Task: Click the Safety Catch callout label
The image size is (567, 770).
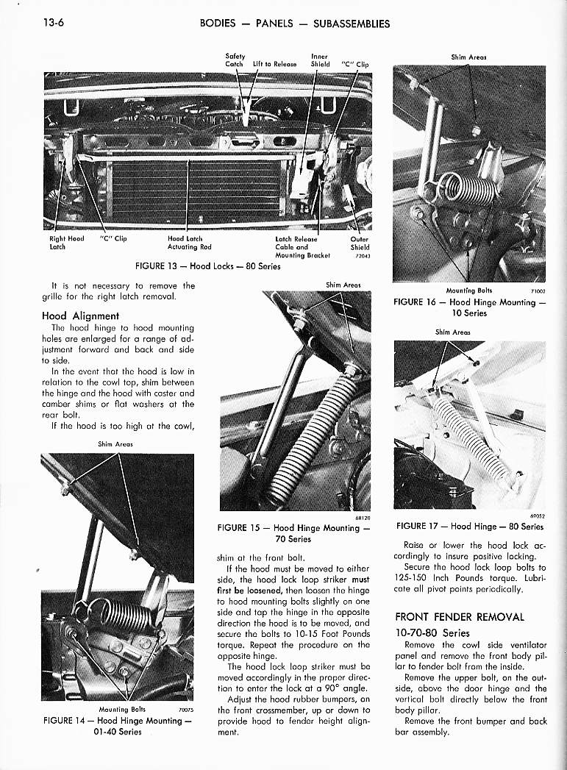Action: pyautogui.click(x=235, y=60)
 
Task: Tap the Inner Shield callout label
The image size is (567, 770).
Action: pyautogui.click(x=320, y=60)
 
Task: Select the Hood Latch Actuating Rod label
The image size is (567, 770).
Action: pyautogui.click(x=190, y=243)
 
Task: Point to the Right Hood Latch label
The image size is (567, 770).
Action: pyautogui.click(x=66, y=243)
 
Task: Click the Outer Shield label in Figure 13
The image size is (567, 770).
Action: pyautogui.click(x=360, y=243)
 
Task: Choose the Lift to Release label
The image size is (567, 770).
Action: pyautogui.click(x=274, y=64)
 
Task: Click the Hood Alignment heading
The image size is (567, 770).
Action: pyautogui.click(x=81, y=316)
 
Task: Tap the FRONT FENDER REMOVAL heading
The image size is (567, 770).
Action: pyautogui.click(x=460, y=616)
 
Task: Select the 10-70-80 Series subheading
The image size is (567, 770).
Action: pyautogui.click(x=432, y=632)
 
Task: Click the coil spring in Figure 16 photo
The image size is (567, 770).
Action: pyautogui.click(x=471, y=190)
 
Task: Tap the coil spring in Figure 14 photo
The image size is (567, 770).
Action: pyautogui.click(x=118, y=616)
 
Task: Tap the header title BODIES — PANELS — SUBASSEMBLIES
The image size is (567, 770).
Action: pyautogui.click(x=295, y=23)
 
